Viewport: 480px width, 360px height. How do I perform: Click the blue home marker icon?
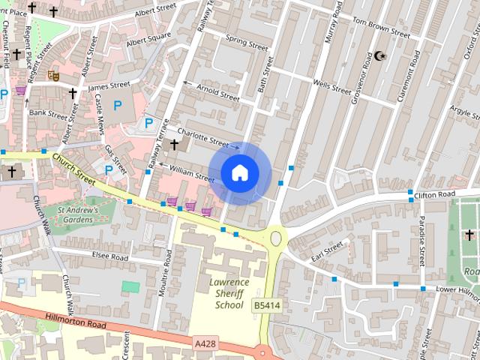[239, 173]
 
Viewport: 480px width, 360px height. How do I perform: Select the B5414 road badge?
[266, 305]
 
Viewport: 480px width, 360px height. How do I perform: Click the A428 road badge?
[204, 342]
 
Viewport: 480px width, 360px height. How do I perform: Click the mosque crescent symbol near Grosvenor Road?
[380, 56]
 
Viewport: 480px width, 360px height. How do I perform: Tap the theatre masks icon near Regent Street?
[53, 75]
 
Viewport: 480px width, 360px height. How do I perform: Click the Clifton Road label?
[434, 194]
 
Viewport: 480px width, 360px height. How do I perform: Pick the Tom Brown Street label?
[380, 27]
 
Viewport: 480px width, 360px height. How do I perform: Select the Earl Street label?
[328, 248]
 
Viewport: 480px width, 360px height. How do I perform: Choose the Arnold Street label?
[217, 94]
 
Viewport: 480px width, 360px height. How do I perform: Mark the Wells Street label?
[331, 88]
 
